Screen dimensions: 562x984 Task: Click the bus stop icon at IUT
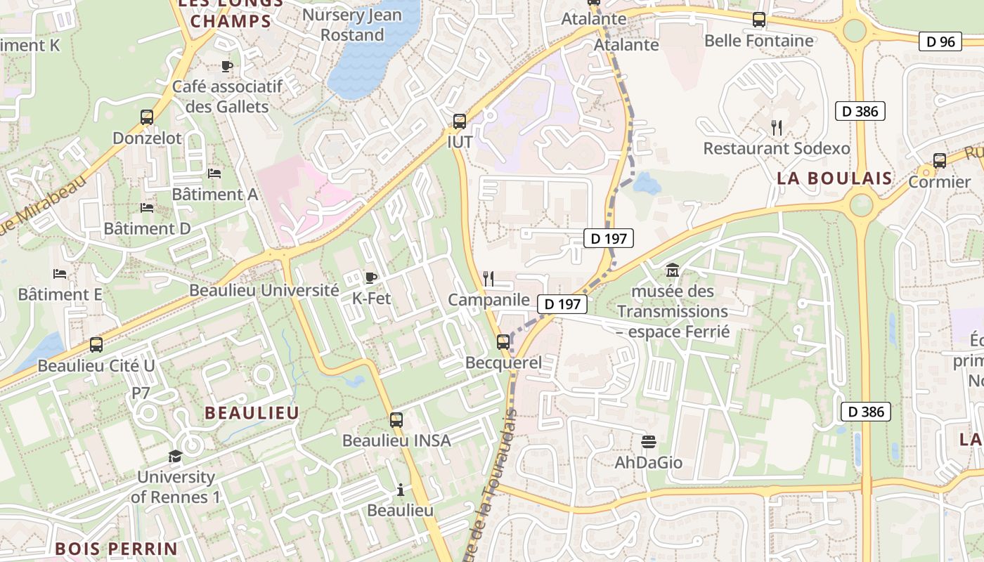(x=460, y=122)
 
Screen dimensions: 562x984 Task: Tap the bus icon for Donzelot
(x=147, y=117)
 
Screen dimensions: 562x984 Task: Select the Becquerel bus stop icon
(x=503, y=342)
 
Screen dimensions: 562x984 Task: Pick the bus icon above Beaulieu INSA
(x=396, y=420)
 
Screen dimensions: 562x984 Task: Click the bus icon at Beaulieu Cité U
(x=96, y=345)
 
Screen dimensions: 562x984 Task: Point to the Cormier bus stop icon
(x=940, y=161)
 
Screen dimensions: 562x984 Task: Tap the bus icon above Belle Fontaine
(x=759, y=20)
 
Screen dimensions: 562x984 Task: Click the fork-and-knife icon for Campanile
(x=488, y=279)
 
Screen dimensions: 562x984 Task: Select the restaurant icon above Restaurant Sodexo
(x=777, y=128)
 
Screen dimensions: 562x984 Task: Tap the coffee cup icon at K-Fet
(x=371, y=277)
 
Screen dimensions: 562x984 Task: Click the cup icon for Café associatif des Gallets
(x=227, y=66)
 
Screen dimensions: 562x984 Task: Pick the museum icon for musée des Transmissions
(x=673, y=270)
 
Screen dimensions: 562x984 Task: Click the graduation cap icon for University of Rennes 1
(x=175, y=457)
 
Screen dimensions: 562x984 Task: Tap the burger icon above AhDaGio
(x=649, y=442)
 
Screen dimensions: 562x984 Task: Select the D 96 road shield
(x=940, y=41)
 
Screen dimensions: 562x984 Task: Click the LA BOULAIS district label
(x=834, y=178)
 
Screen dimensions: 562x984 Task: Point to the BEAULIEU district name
(x=252, y=413)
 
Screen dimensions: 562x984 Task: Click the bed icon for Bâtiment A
(x=214, y=173)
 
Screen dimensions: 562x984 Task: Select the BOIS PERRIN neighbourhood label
(x=116, y=548)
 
